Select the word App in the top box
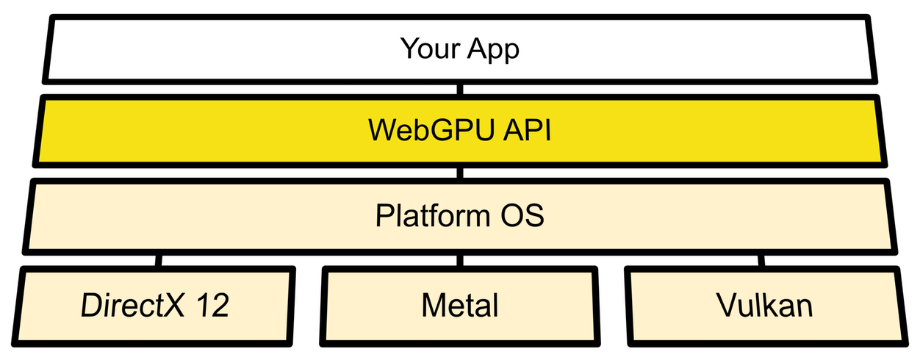(x=493, y=50)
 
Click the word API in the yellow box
(x=521, y=132)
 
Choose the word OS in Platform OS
(x=520, y=217)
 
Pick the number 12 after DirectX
(x=212, y=305)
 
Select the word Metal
(x=460, y=305)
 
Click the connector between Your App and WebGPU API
(x=460, y=90)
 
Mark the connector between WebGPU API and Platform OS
(x=460, y=173)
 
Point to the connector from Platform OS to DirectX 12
(x=159, y=260)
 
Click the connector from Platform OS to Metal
(x=460, y=260)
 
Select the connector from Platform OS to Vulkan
(x=761, y=260)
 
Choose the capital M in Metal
(x=433, y=305)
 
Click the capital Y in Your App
(x=409, y=49)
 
